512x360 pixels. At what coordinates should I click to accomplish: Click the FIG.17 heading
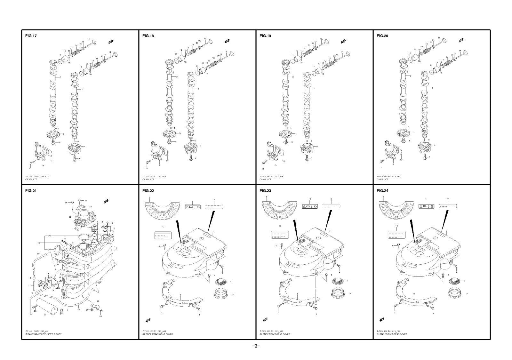click(x=31, y=36)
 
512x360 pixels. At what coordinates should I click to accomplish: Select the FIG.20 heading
click(x=382, y=36)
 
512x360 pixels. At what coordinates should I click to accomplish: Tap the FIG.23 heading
click(x=265, y=191)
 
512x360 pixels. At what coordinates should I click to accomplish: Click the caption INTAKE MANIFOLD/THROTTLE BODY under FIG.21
click(x=43, y=334)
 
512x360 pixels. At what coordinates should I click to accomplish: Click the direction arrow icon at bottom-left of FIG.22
click(x=148, y=320)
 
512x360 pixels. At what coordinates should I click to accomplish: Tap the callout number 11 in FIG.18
click(x=147, y=168)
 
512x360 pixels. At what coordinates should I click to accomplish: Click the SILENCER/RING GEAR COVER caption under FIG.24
click(x=392, y=334)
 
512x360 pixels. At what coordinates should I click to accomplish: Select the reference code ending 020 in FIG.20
click(x=388, y=176)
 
